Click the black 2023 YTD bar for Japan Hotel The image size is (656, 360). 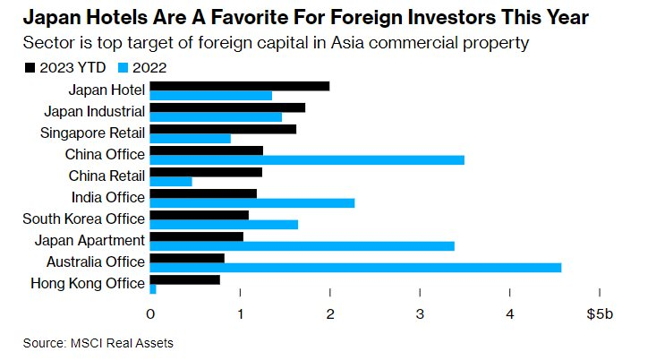pyautogui.click(x=240, y=86)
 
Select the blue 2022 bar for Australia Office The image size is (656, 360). pyautogui.click(x=355, y=268)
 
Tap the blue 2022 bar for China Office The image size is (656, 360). pyautogui.click(x=307, y=160)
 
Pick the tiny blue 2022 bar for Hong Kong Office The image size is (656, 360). pyautogui.click(x=153, y=289)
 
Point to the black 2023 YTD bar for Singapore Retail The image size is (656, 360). pyautogui.click(x=223, y=129)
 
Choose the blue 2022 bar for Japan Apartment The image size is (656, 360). pyautogui.click(x=302, y=246)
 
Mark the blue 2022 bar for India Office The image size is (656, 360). pyautogui.click(x=252, y=203)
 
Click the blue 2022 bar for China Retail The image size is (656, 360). pyautogui.click(x=171, y=182)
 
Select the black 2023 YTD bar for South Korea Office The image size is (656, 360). pyautogui.click(x=200, y=215)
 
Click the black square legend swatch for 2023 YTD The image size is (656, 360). pyautogui.click(x=30, y=68)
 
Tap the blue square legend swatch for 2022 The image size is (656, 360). pyautogui.click(x=123, y=68)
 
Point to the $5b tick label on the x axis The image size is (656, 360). pyautogui.click(x=600, y=314)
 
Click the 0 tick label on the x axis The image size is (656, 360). pyautogui.click(x=150, y=314)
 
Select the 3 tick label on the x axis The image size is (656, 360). pyautogui.click(x=420, y=314)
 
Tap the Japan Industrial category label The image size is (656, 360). pyautogui.click(x=95, y=112)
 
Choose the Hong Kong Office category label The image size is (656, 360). pyautogui.click(x=88, y=283)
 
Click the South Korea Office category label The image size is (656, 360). pyautogui.click(x=83, y=219)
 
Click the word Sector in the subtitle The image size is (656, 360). pyautogui.click(x=45, y=43)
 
